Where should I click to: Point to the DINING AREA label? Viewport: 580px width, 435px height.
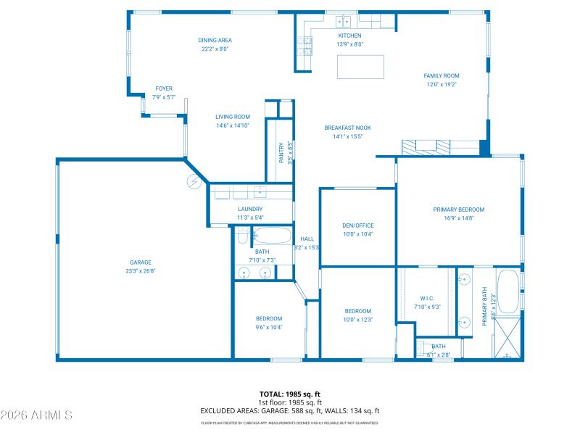(215, 41)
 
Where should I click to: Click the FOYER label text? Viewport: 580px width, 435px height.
(164, 88)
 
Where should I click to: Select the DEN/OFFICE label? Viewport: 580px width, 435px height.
(357, 225)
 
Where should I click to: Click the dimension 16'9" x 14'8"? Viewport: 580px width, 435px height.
(458, 217)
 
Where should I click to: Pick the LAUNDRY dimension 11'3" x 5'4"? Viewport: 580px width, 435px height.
(249, 217)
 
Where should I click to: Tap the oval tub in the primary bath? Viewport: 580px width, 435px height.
(508, 291)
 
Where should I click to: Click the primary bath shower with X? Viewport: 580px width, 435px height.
(507, 339)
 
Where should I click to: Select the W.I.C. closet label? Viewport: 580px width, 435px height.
(426, 298)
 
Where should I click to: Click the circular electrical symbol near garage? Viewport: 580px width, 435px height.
(193, 181)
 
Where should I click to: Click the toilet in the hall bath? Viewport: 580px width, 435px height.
(241, 236)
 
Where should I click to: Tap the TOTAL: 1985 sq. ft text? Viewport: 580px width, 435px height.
(290, 394)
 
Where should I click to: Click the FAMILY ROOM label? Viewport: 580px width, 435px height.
(442, 75)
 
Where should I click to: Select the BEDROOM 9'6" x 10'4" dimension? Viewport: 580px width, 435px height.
(269, 327)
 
